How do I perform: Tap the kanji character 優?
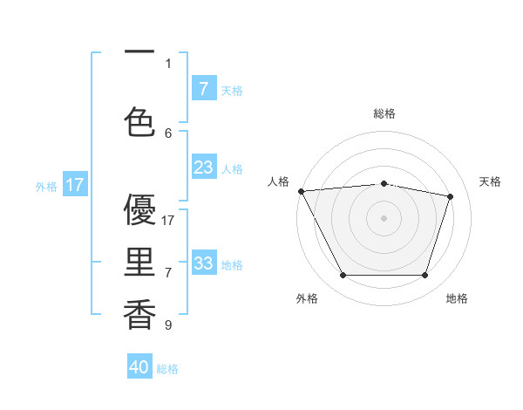[x=139, y=210]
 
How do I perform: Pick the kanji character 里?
[x=139, y=263]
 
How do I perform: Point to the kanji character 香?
[x=139, y=315]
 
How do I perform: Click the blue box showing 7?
[x=203, y=88]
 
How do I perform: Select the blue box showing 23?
[x=203, y=167]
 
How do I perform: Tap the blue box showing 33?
[x=203, y=263]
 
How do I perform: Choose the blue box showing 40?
[x=139, y=367]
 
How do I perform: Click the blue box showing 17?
[x=75, y=185]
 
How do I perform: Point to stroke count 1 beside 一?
[x=168, y=63]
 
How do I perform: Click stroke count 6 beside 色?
[x=168, y=133]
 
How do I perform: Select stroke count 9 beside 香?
[x=168, y=325]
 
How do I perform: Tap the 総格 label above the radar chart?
[x=384, y=113]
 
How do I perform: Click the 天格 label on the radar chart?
[x=490, y=181]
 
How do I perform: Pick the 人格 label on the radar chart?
[x=278, y=181]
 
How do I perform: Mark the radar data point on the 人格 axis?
[x=301, y=191]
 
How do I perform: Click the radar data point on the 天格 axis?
[x=451, y=196]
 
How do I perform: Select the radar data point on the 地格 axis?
[x=425, y=276]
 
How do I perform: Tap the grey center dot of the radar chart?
[x=384, y=218]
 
